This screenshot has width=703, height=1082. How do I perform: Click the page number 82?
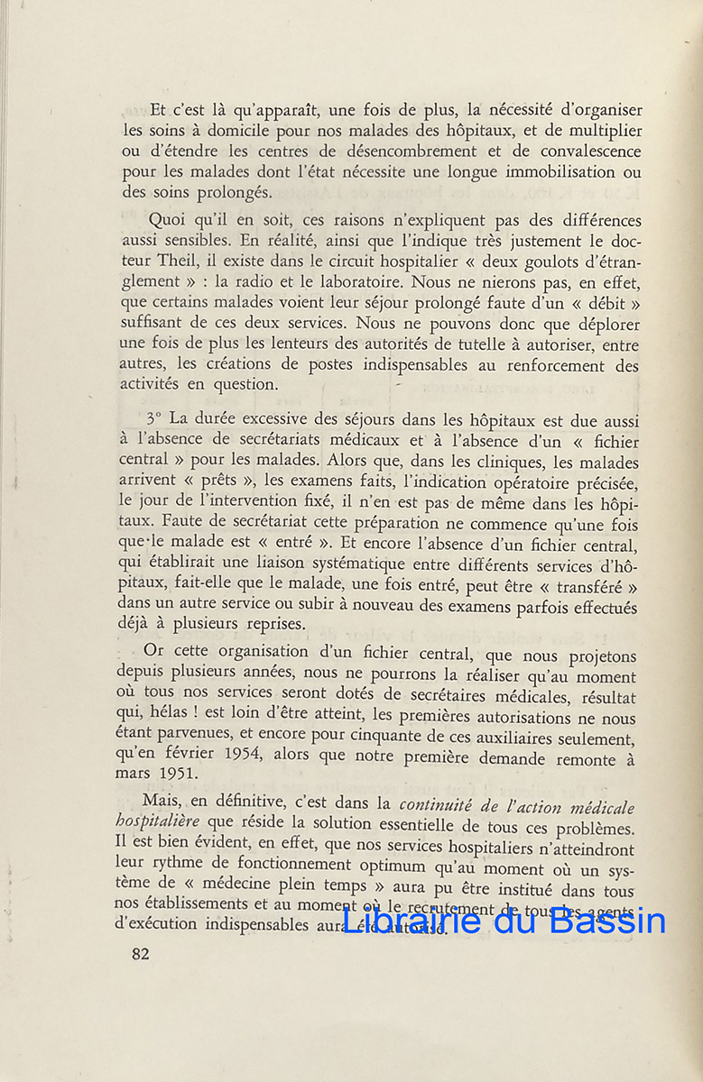pyautogui.click(x=140, y=955)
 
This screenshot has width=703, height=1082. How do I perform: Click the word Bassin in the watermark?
pyautogui.click(x=606, y=920)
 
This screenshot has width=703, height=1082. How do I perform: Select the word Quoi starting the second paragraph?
pyautogui.click(x=166, y=221)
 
